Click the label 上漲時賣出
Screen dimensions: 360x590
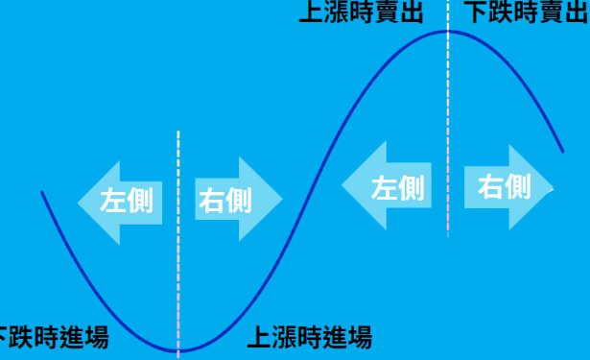click(361, 12)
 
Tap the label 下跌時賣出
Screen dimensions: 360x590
click(526, 12)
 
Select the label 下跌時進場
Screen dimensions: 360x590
click(52, 338)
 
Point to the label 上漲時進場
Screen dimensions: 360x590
click(309, 338)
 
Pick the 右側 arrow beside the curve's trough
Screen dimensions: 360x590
click(235, 201)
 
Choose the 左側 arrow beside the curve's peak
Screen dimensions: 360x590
click(385, 186)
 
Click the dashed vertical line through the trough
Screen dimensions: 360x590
click(178, 240)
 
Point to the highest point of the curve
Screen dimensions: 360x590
click(448, 32)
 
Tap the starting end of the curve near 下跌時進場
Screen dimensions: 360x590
click(42, 193)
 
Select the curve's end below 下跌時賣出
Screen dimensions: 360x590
click(562, 151)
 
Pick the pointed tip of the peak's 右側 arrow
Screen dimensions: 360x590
click(555, 185)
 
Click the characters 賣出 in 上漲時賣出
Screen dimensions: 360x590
click(395, 12)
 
